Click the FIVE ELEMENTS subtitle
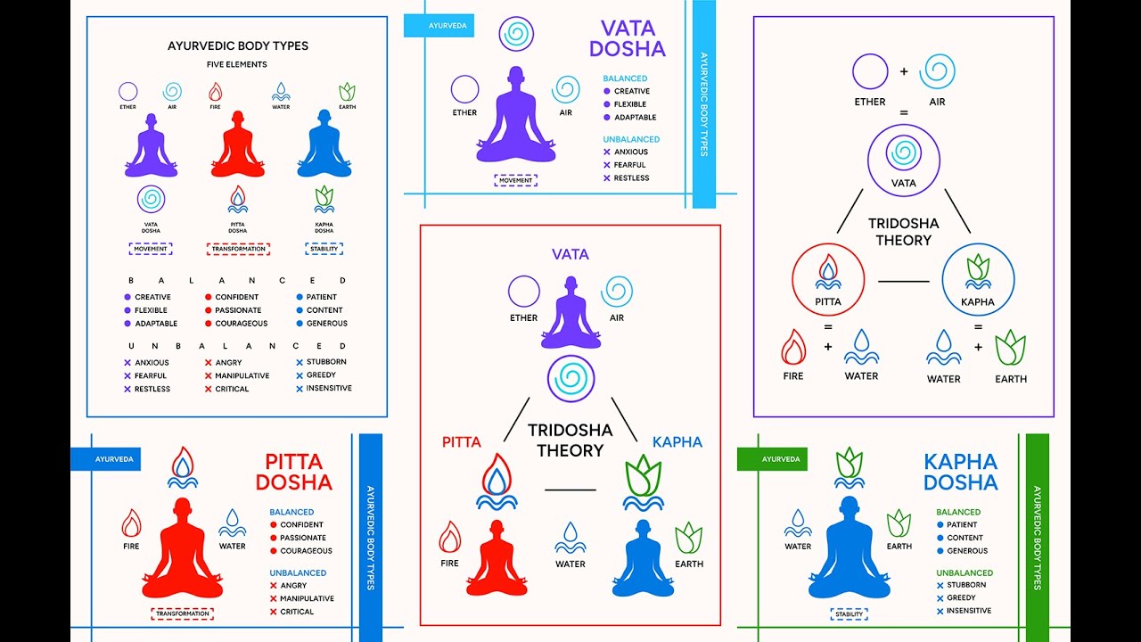237,65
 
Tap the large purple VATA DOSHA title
627,38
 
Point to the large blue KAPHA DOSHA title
960,473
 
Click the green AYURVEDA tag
772,459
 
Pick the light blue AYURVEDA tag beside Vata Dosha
439,26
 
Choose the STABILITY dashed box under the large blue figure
849,613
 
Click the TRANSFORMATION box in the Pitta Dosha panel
183,613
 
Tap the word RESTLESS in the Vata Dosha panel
631,178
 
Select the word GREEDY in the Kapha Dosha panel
961,598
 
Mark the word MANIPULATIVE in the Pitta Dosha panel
307,598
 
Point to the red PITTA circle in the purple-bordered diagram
828,279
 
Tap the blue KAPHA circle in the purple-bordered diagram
978,279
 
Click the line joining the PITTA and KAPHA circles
903,282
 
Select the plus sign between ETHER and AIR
903,71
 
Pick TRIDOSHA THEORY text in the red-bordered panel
570,440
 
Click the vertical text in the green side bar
1037,538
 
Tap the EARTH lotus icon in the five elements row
347,91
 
